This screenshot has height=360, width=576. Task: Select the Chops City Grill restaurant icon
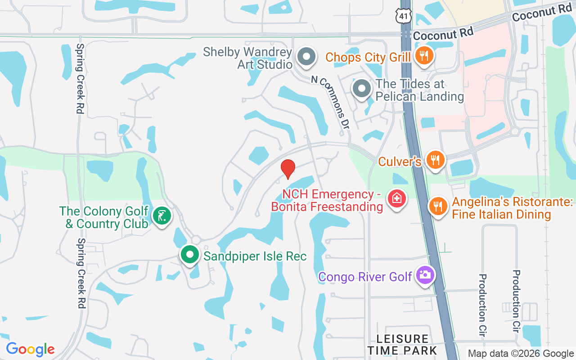[x=423, y=56]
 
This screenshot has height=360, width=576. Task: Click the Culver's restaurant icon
[x=435, y=160]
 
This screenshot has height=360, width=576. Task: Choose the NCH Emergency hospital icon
[x=397, y=198]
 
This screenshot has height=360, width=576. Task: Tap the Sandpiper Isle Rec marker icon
[x=190, y=255]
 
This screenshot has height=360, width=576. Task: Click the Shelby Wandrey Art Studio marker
[x=307, y=57]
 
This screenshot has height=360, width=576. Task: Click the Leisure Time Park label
[x=402, y=344]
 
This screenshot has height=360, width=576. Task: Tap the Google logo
[x=30, y=349]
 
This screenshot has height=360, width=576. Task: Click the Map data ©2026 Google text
[x=521, y=354]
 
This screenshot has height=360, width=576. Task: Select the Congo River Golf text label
[x=365, y=276]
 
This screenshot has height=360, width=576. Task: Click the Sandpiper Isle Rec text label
[x=255, y=256]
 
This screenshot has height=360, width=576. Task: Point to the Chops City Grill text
[x=368, y=57]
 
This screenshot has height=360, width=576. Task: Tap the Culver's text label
[x=400, y=161]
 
